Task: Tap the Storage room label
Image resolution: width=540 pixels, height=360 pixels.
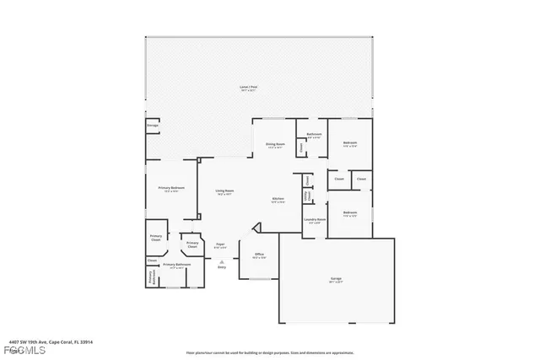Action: click(x=153, y=126)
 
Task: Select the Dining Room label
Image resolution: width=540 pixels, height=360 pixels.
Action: click(x=275, y=144)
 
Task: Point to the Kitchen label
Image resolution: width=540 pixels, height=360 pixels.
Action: click(x=278, y=199)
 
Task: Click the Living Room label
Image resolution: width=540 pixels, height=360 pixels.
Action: click(x=224, y=191)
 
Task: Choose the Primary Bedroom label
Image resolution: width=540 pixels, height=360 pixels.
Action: click(x=171, y=187)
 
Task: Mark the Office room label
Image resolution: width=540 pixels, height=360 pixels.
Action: click(x=260, y=255)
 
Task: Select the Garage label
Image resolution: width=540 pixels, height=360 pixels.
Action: click(x=335, y=278)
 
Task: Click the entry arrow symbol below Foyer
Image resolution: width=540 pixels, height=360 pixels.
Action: click(x=221, y=261)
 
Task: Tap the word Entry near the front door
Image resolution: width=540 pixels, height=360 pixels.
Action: click(x=221, y=266)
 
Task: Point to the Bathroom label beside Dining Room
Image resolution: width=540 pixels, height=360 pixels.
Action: click(x=314, y=135)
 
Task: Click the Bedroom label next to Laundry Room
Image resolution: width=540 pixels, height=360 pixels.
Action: click(x=349, y=212)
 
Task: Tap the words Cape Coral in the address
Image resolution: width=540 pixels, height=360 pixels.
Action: click(x=59, y=340)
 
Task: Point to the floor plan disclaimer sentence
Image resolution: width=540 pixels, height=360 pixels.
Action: click(x=270, y=352)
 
